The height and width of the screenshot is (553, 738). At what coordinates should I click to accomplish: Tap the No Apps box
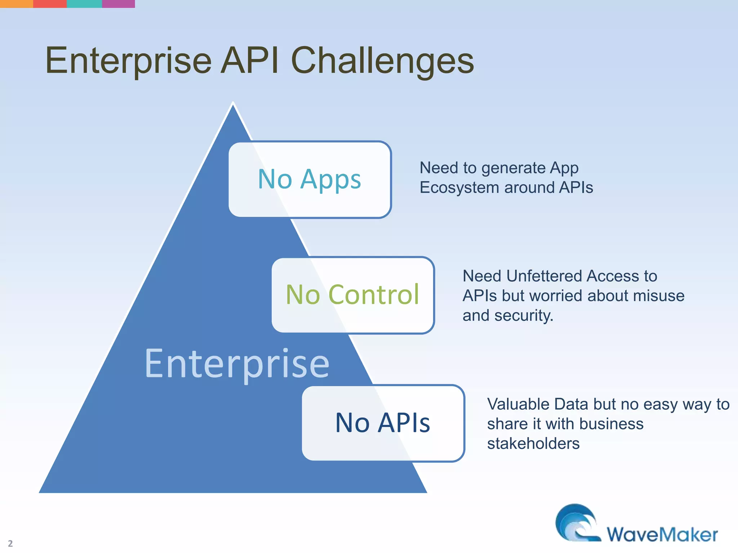click(310, 179)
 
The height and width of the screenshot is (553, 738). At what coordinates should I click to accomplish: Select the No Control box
click(353, 295)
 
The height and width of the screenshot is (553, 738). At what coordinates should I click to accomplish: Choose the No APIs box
click(383, 423)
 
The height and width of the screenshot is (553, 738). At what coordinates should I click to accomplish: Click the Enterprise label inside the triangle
click(237, 364)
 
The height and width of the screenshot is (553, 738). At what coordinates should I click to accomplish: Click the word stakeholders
click(533, 444)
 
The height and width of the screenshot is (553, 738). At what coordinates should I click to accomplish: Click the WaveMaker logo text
click(662, 535)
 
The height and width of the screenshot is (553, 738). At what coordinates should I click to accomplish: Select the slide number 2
click(10, 543)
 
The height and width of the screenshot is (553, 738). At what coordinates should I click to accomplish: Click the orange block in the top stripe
click(16, 4)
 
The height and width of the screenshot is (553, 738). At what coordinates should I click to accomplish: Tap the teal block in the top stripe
click(84, 4)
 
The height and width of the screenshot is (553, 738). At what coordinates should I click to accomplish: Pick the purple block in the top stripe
click(119, 4)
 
